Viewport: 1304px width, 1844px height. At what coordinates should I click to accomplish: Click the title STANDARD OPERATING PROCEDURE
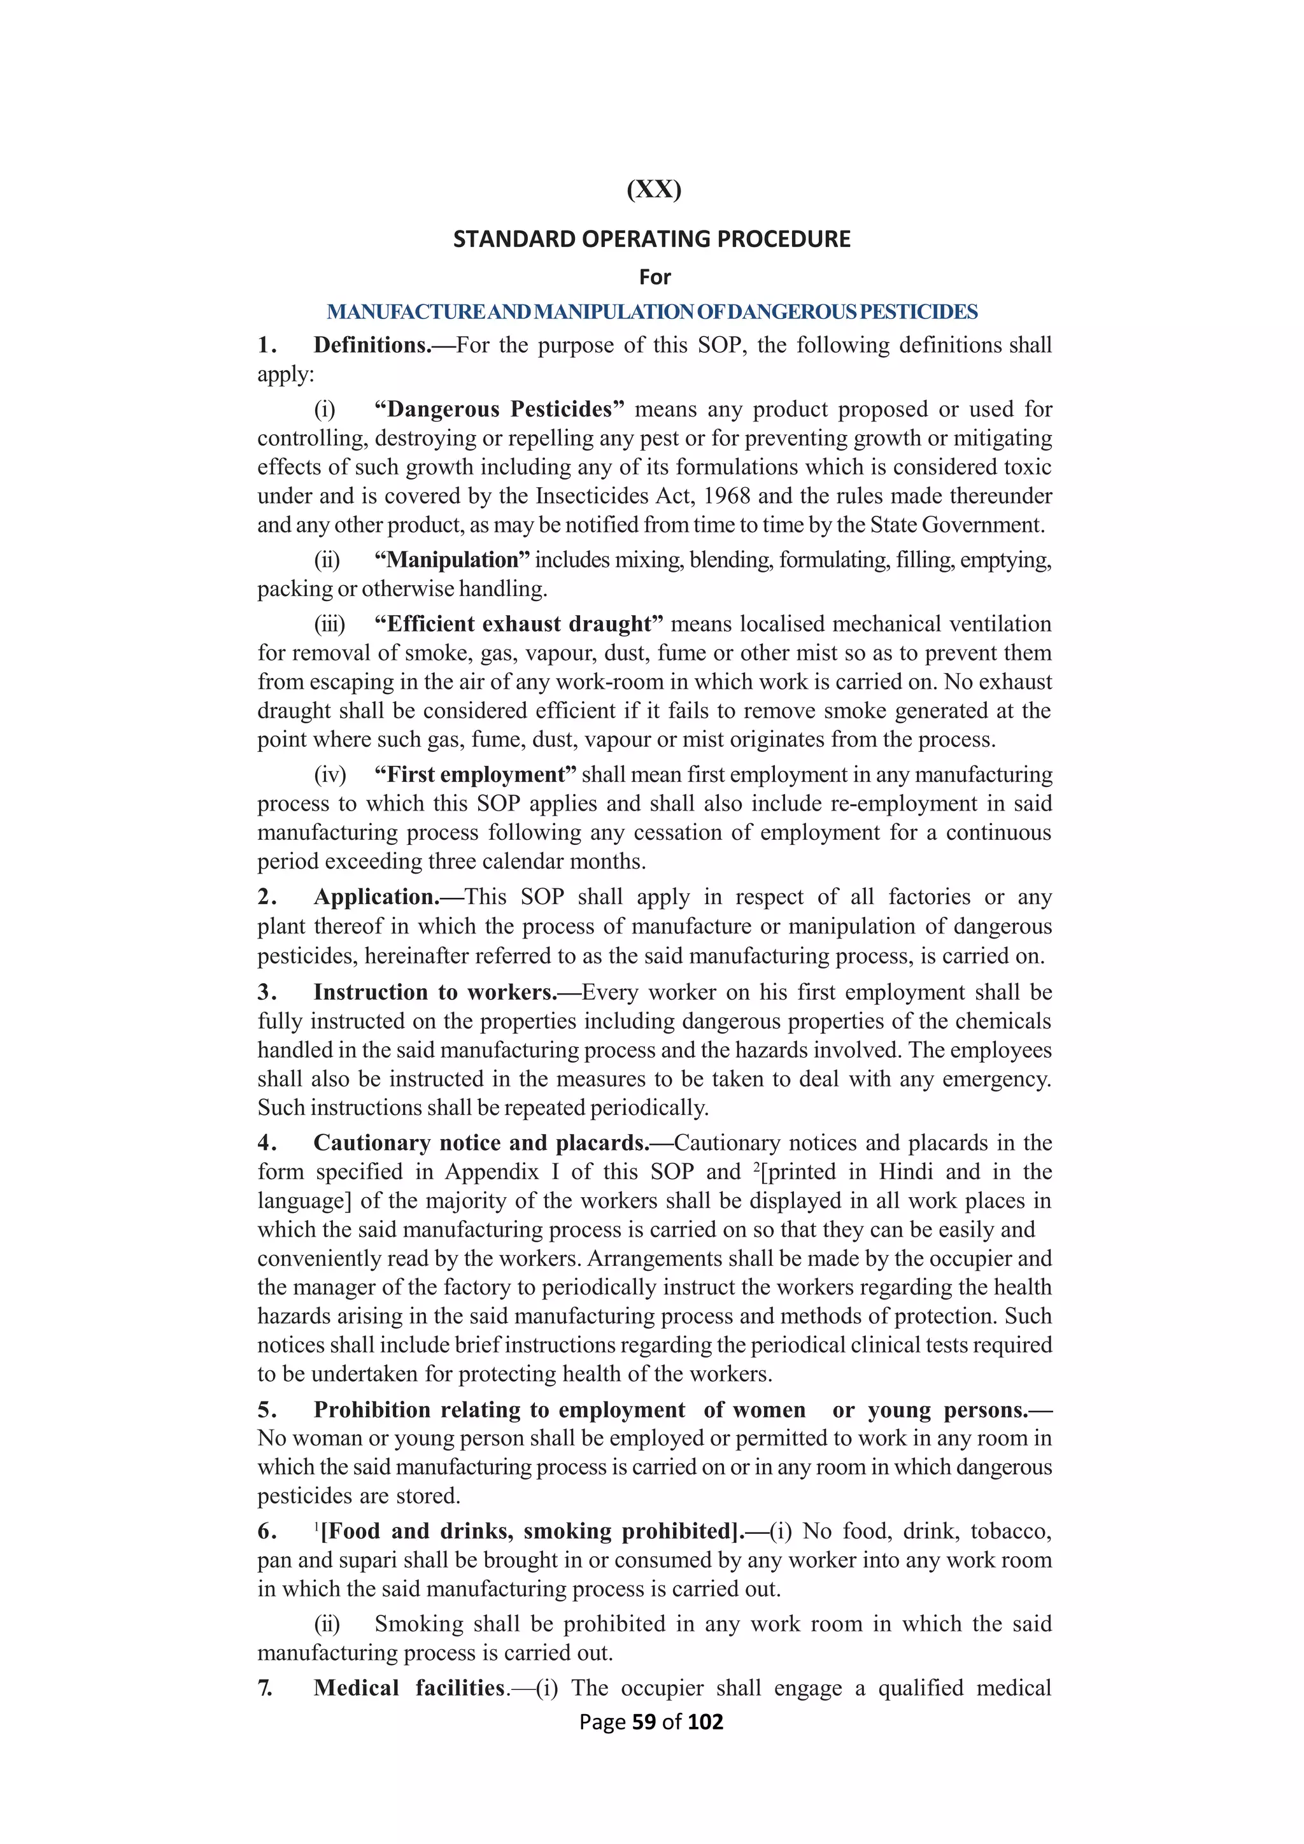pos(651,239)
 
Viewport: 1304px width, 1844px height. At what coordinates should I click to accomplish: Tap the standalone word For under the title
pos(655,277)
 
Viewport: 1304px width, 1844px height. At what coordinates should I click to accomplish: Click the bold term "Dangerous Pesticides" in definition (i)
pos(499,409)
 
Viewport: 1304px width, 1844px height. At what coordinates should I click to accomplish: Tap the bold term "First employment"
pos(476,775)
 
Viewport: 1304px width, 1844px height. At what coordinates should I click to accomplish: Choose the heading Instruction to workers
pos(434,993)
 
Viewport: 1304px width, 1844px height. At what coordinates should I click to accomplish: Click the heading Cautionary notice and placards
pos(480,1143)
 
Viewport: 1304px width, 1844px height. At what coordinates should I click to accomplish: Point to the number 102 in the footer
pos(705,1722)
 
